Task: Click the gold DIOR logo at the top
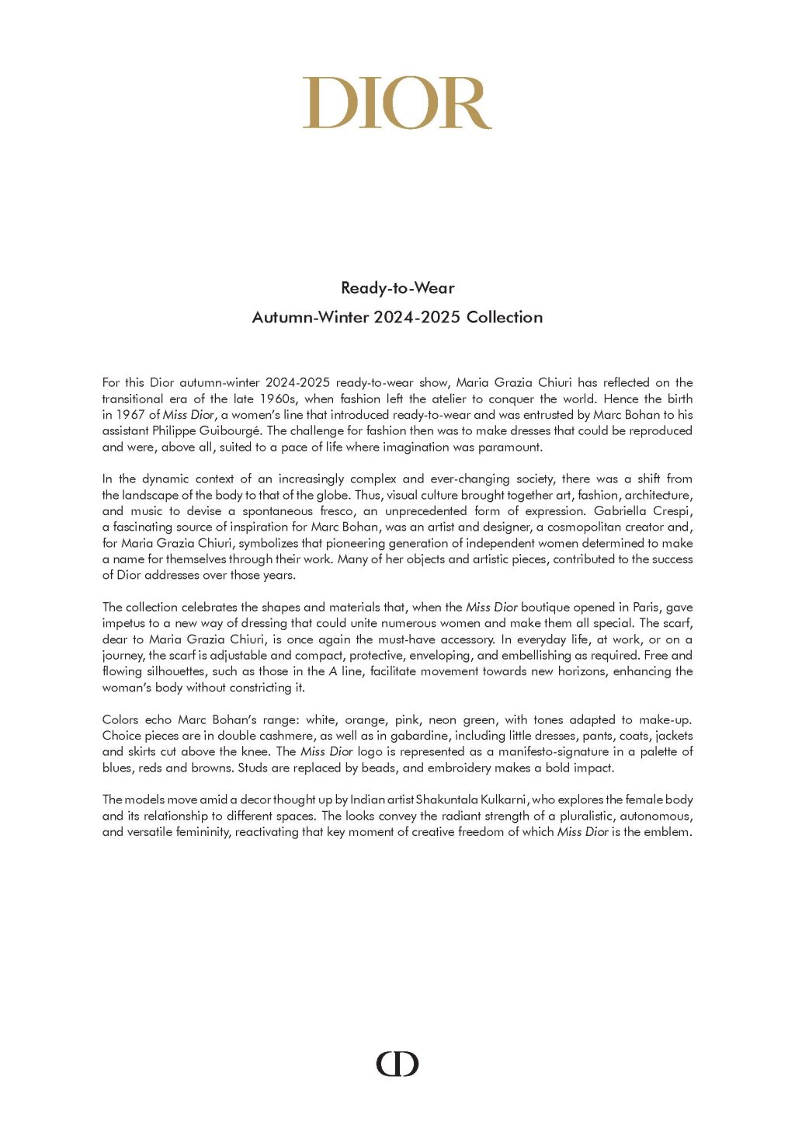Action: point(397,103)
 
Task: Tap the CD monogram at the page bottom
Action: point(397,1064)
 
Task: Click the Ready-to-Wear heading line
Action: point(397,288)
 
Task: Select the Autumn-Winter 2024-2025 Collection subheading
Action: point(397,317)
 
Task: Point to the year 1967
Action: point(131,415)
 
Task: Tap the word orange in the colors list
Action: point(365,720)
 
